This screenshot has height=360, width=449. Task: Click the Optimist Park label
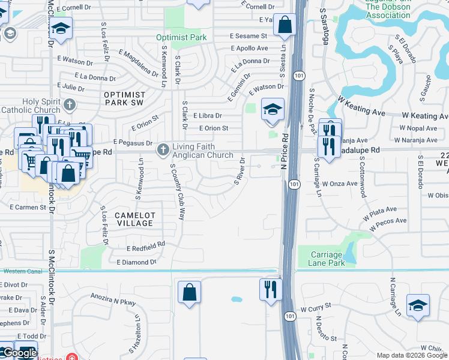[x=181, y=37]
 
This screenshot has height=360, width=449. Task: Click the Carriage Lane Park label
[x=327, y=259]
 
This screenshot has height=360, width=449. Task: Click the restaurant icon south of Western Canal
[x=270, y=289]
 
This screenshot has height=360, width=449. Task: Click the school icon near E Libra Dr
[x=272, y=110]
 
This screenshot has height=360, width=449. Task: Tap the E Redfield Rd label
[x=146, y=247]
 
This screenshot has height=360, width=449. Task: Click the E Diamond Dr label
[x=136, y=262]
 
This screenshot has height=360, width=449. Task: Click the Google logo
[x=19, y=353]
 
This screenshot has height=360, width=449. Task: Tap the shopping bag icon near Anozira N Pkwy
[x=189, y=293]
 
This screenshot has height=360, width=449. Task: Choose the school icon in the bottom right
[x=418, y=305]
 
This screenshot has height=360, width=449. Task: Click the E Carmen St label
[x=28, y=207]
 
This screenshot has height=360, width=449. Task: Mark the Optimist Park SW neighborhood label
[x=125, y=99]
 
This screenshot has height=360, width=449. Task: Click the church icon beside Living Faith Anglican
[x=162, y=149]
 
